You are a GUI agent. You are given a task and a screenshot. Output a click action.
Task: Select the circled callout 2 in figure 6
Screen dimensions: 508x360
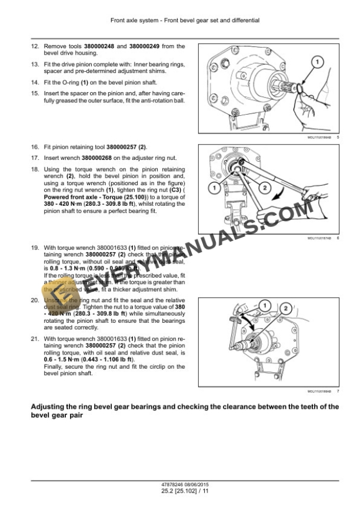(x=264, y=188)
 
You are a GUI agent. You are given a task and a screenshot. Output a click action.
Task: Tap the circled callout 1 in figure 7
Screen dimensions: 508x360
(x=265, y=305)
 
